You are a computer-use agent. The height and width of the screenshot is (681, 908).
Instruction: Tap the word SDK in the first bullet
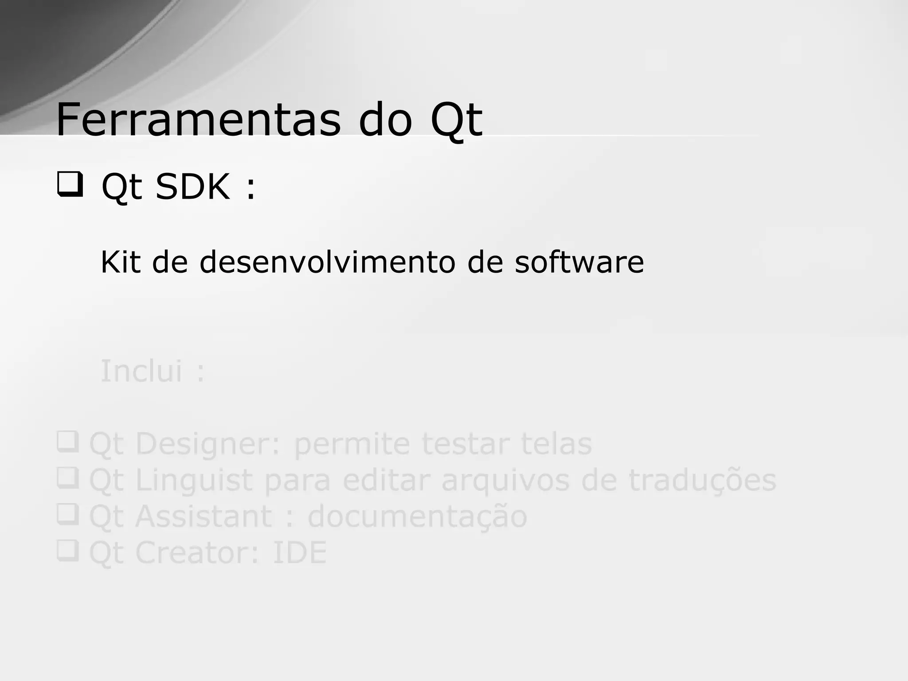(192, 187)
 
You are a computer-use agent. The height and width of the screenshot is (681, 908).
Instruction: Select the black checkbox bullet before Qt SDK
(70, 185)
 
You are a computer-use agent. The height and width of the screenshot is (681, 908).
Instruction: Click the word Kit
(121, 262)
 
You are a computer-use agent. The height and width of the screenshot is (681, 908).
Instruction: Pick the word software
(579, 262)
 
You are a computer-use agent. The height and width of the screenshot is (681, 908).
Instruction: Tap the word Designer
(208, 444)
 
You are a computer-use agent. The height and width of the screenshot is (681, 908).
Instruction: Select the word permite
(352, 444)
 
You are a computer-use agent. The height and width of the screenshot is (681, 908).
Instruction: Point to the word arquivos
(505, 480)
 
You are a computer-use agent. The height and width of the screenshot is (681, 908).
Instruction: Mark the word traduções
(702, 480)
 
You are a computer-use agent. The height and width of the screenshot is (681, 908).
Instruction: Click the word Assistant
(204, 517)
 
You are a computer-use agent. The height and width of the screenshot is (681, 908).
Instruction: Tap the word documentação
(417, 517)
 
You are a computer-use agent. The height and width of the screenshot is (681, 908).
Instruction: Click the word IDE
(299, 553)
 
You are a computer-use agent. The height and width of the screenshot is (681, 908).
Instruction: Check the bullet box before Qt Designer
(68, 442)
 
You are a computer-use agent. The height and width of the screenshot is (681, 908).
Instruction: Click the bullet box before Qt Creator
(68, 551)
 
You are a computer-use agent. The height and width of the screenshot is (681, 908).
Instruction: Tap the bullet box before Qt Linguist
(68, 478)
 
